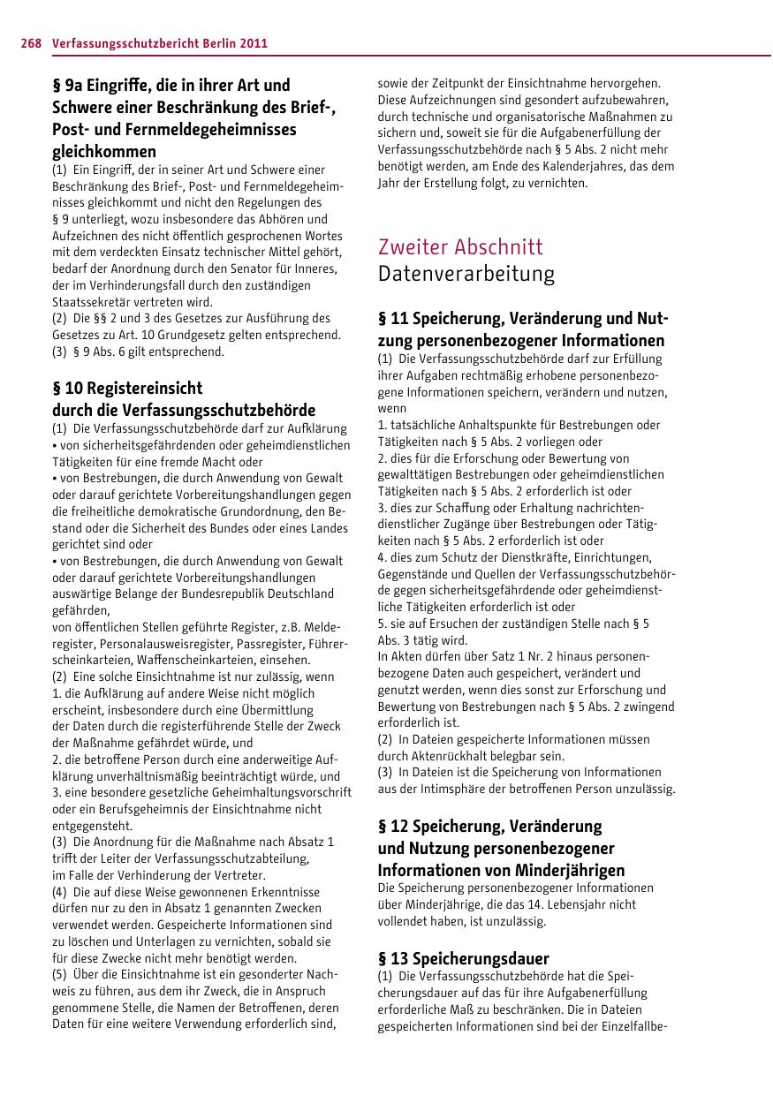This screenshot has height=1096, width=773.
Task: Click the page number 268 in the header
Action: tap(32, 42)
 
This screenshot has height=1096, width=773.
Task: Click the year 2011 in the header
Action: tap(253, 42)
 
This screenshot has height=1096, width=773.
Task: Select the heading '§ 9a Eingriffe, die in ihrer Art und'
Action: tap(171, 86)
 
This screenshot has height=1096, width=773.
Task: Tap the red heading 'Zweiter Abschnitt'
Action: tap(460, 246)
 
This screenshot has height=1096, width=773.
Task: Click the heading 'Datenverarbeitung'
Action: tap(466, 274)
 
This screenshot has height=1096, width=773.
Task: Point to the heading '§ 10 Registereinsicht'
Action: tap(127, 388)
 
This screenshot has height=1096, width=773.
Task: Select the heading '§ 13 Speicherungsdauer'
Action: tap(463, 958)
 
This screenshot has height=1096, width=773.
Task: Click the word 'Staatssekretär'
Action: tap(89, 301)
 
